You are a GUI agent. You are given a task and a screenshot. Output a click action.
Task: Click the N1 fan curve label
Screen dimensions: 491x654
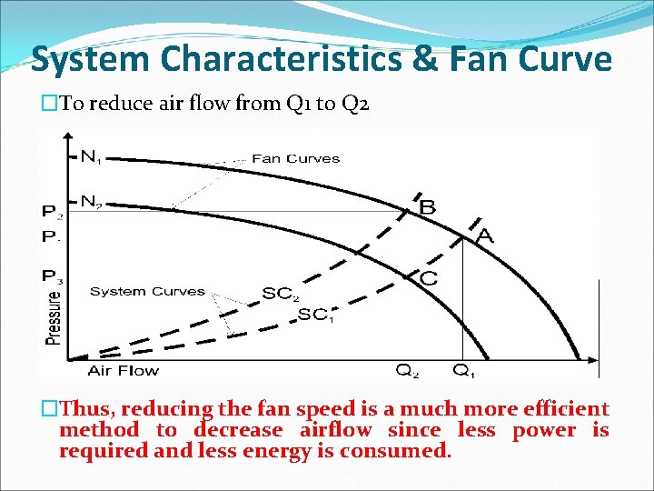pos(91,157)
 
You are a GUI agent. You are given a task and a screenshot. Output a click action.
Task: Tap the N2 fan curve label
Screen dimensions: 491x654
pos(91,202)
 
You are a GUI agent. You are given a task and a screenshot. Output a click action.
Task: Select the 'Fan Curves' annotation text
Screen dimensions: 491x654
pos(295,158)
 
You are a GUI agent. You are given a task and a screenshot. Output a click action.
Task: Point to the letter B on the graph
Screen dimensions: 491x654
pos(426,207)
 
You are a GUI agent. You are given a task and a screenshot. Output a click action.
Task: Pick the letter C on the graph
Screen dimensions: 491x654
pos(427,277)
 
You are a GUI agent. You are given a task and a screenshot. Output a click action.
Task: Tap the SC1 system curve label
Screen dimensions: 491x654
pos(315,315)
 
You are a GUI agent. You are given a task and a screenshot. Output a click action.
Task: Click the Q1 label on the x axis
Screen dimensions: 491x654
pos(465,371)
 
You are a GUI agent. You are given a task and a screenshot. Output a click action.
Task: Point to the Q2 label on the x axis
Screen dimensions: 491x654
pos(407,371)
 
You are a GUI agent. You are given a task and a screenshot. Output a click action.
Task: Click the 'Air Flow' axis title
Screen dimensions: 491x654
pos(123,370)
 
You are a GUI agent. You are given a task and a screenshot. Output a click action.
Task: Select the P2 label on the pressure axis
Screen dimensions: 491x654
pos(53,212)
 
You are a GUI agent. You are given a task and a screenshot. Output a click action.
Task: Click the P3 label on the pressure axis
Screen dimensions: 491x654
pos(53,276)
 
